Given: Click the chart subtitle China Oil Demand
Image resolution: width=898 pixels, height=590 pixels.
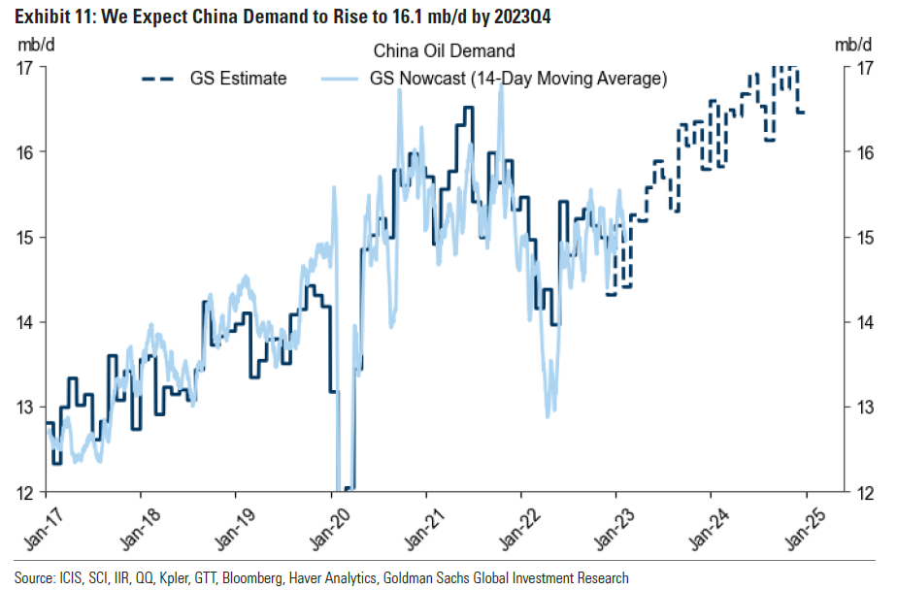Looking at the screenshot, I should (444, 50).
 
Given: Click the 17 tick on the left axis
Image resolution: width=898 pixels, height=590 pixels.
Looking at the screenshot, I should (26, 67).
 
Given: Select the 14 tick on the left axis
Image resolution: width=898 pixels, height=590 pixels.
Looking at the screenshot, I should (26, 322).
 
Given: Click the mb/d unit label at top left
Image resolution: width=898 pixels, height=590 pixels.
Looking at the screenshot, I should (34, 45).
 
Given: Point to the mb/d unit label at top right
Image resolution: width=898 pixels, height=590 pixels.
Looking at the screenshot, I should (853, 45).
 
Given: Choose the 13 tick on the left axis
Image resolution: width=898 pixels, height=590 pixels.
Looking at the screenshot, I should (26, 408).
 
